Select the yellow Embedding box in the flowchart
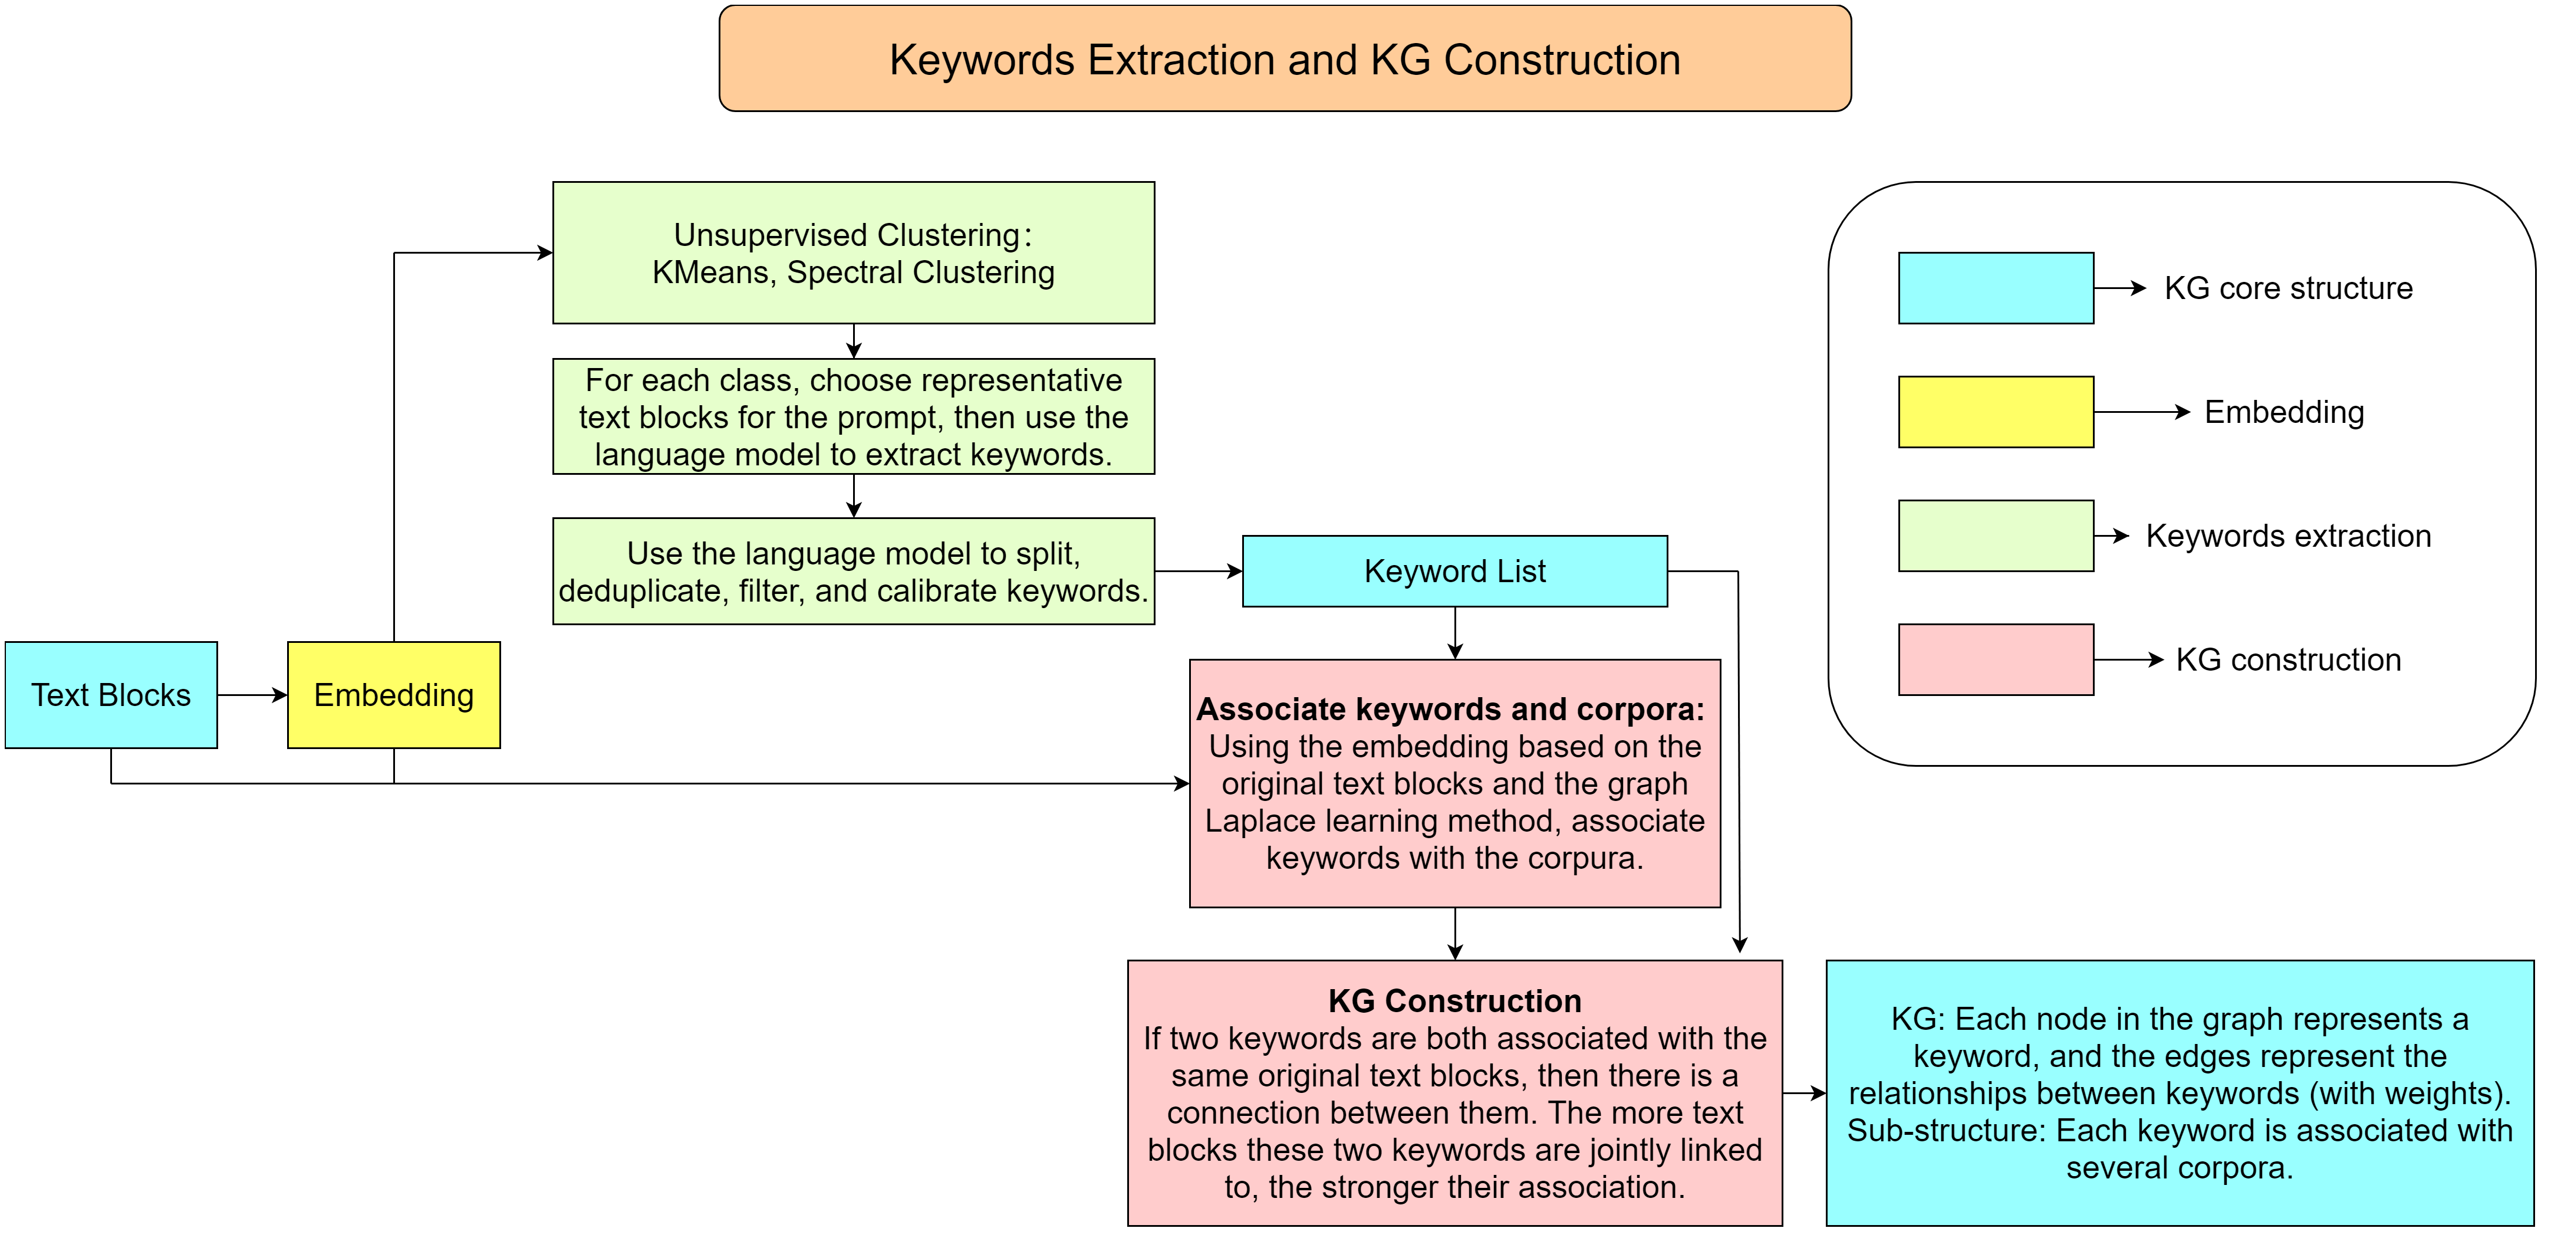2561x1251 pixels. pyautogui.click(x=394, y=695)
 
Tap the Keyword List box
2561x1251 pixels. pyautogui.click(x=1454, y=572)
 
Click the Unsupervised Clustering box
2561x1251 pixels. pyautogui.click(x=853, y=252)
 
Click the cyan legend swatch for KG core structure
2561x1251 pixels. pyautogui.click(x=1995, y=288)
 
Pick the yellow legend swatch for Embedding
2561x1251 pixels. pyautogui.click(x=1995, y=412)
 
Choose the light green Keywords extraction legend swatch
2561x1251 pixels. pyautogui.click(x=1995, y=536)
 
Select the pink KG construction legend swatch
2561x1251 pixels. pyautogui.click(x=1995, y=659)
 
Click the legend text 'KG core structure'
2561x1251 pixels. pyautogui.click(x=2289, y=288)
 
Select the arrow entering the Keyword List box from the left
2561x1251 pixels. pyautogui.click(x=1198, y=572)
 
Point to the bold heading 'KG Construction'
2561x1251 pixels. pyautogui.click(x=1454, y=1000)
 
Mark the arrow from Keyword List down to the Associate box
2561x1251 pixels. pyautogui.click(x=1454, y=633)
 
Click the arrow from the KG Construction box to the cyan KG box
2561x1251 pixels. pyautogui.click(x=1803, y=1094)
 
